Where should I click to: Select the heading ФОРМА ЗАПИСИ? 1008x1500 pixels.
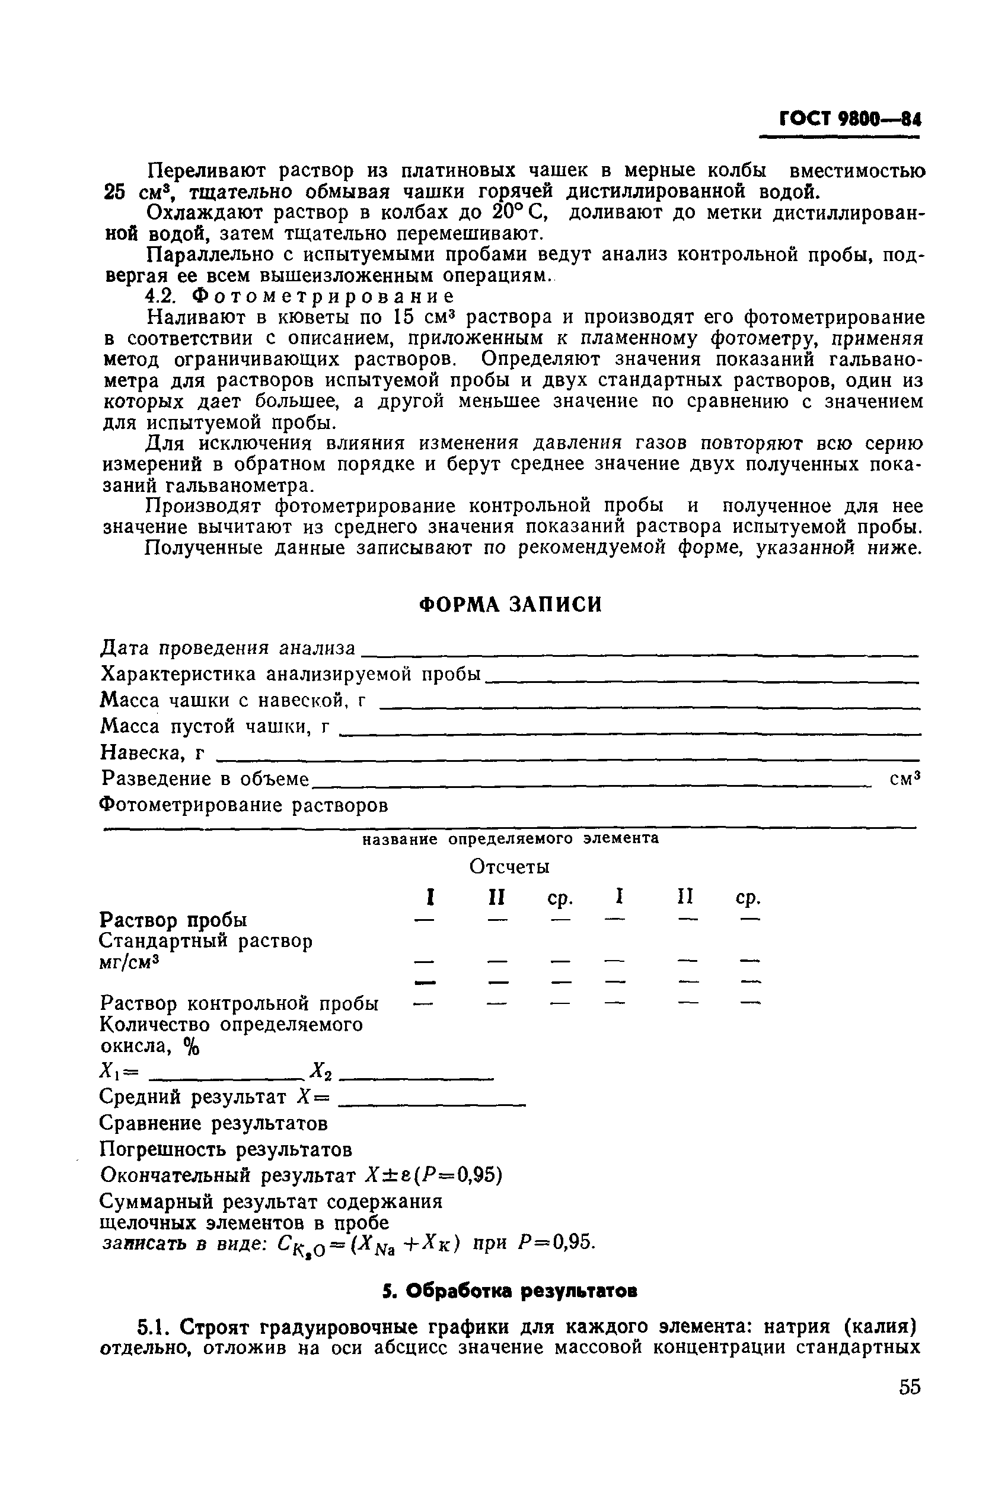pyautogui.click(x=511, y=605)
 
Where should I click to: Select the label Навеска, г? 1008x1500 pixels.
pyautogui.click(x=153, y=752)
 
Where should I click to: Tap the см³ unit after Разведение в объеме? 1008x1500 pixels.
pyautogui.click(x=905, y=779)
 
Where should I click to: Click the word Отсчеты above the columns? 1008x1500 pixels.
pyautogui.click(x=509, y=867)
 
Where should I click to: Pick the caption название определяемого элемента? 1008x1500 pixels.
pyautogui.click(x=511, y=840)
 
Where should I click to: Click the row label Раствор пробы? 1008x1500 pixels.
pyautogui.click(x=174, y=920)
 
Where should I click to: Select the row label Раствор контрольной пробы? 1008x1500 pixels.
pyautogui.click(x=240, y=1003)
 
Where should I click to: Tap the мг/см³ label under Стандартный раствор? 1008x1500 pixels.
pyautogui.click(x=129, y=963)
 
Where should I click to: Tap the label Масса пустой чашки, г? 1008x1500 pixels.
pyautogui.click(x=216, y=727)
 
